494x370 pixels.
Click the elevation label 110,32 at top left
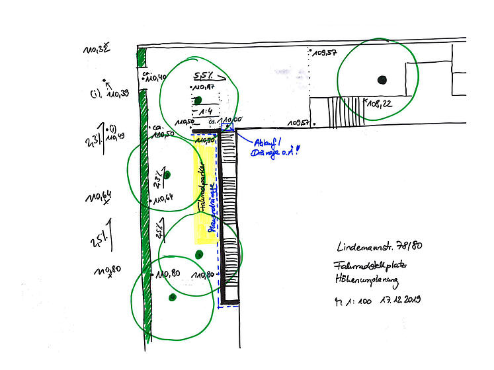click(x=95, y=50)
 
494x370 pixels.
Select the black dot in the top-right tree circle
click(x=381, y=80)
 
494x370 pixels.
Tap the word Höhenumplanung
click(x=368, y=282)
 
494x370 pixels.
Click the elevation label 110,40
click(x=157, y=78)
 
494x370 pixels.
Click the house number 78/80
click(x=411, y=246)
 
